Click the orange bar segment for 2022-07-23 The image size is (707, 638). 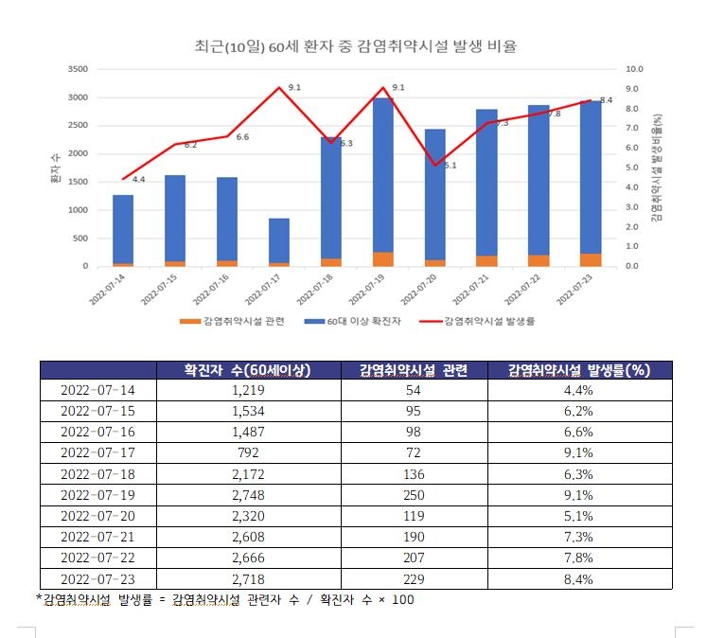[x=592, y=259]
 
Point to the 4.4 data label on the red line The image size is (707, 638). [x=138, y=180]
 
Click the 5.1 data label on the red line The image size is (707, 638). [x=450, y=166]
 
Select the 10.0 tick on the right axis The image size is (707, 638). [x=635, y=69]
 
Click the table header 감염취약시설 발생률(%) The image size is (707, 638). [x=576, y=370]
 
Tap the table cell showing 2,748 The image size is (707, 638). [x=247, y=495]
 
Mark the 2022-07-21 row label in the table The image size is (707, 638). [x=97, y=537]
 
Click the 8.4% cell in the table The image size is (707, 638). [x=576, y=578]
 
